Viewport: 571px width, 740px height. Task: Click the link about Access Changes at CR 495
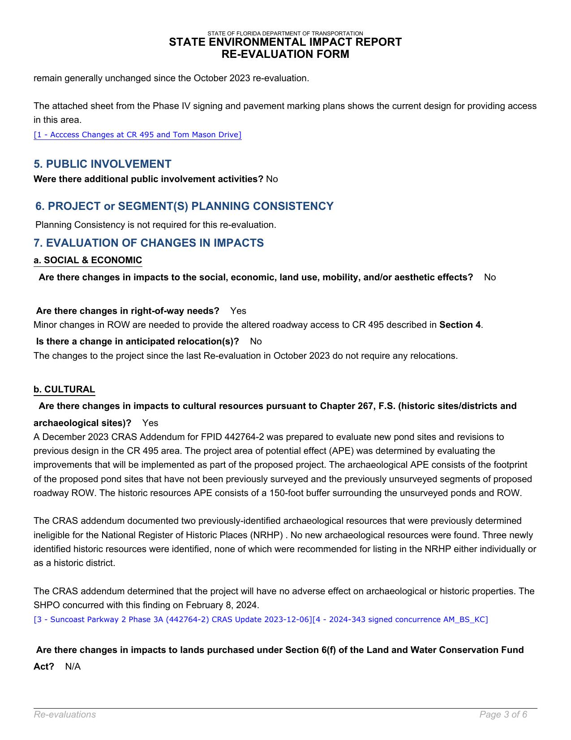(137, 135)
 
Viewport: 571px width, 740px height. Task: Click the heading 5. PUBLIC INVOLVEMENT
(103, 164)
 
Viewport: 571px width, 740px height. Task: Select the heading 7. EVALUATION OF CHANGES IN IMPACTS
(149, 243)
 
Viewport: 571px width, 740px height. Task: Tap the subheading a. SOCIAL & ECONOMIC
(88, 261)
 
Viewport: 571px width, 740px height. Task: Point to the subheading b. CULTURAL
(64, 389)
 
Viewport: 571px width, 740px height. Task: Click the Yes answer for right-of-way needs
(238, 311)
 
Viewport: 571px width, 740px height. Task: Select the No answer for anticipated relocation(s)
(256, 342)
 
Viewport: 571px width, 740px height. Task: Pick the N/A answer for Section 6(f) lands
(73, 667)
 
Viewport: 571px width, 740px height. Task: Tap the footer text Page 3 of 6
(503, 715)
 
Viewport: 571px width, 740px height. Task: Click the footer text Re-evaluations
(65, 715)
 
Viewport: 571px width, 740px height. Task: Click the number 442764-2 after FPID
(168, 437)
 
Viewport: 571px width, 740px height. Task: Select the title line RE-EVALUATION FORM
(285, 54)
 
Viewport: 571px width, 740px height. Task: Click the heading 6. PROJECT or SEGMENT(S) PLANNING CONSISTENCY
(185, 206)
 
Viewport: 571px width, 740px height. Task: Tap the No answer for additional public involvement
(272, 179)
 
